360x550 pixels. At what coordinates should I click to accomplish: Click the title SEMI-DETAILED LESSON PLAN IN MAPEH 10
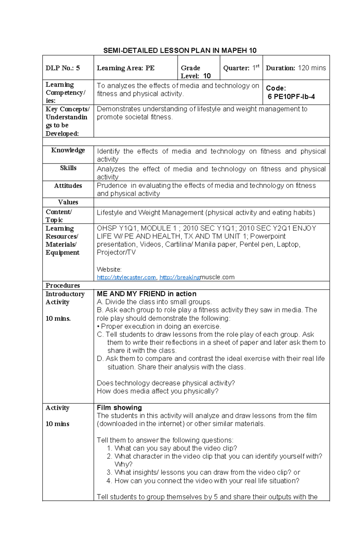coord(180,50)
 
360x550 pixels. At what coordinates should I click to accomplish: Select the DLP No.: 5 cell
coord(63,68)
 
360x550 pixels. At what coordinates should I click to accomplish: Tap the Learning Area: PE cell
coord(125,68)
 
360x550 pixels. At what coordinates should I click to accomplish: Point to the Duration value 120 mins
coord(312,68)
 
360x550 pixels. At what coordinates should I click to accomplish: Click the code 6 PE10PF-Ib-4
coord(291,97)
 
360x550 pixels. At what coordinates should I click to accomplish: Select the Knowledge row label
coord(68,150)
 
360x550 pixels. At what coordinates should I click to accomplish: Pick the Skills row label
coord(68,168)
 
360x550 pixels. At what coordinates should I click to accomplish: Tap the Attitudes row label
coord(68,186)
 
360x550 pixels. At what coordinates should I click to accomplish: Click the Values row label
coord(68,202)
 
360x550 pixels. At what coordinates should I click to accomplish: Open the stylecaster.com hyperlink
coord(126,277)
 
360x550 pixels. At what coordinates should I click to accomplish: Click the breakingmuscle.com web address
coord(197,277)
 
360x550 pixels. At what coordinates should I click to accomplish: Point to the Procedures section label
coord(63,285)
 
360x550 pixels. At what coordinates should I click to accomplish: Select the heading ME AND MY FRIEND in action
coord(147,294)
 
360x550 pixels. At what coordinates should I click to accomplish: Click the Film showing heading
coord(119,408)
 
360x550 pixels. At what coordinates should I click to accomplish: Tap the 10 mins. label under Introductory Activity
coord(58,319)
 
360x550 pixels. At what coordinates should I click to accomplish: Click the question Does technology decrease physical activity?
coord(166,383)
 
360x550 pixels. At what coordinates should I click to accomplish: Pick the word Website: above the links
coord(109,269)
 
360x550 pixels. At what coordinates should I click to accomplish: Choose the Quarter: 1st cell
coord(241,68)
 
